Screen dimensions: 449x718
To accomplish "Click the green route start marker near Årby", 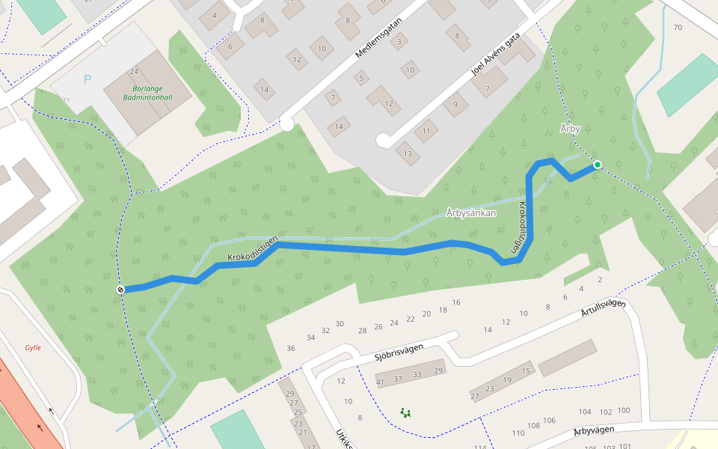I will coord(597,165).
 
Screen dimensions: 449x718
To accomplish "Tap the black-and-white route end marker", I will coord(120,290).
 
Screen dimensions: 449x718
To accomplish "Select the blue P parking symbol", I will coord(88,79).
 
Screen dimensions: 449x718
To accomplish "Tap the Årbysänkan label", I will coord(471,213).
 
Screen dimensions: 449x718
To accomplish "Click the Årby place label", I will coord(570,129).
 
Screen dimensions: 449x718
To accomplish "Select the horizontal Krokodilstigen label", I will coord(254,251).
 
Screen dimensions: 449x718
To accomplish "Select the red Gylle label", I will coord(32,347).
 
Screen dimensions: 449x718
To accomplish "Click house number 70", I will coord(678,28).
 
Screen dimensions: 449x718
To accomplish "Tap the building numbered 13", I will coord(408,155).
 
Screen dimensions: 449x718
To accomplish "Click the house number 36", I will coord(291,348).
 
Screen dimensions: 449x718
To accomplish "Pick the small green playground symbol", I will coord(406,412).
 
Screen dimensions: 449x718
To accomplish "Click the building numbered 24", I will coord(134,72).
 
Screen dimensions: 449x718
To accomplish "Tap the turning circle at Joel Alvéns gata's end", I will coord(383,140).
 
